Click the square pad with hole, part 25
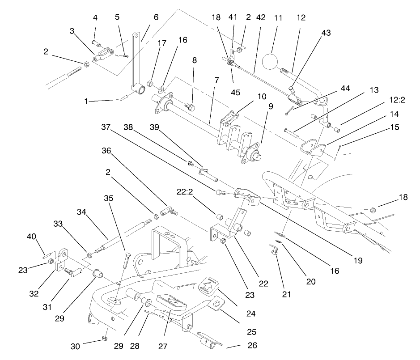(216, 305)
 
